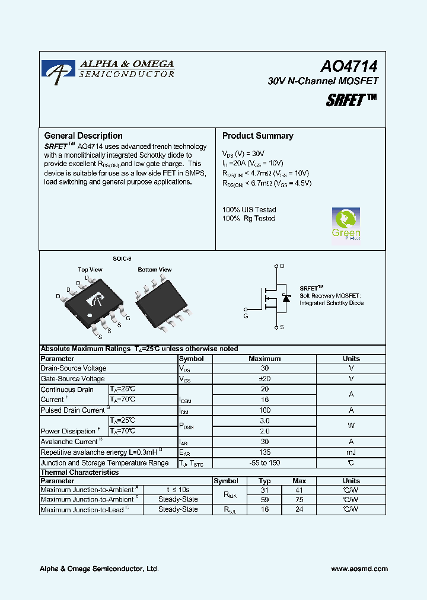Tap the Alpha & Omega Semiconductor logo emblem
tap(58, 69)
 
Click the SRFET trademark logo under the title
tap(351, 100)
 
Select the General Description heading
tap(84, 136)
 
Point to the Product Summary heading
tap(257, 136)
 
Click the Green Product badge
tap(346, 224)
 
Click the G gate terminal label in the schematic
tap(246, 316)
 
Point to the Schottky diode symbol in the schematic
tap(286, 298)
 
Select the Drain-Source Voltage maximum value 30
tap(265, 368)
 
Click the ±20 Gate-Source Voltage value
tap(265, 379)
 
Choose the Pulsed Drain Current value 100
tap(265, 410)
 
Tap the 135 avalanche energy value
tap(265, 452)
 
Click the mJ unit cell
tap(351, 452)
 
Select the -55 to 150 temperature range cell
tap(265, 463)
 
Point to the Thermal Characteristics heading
tap(79, 473)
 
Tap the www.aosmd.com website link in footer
tap(359, 569)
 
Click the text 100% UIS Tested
tap(249, 209)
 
